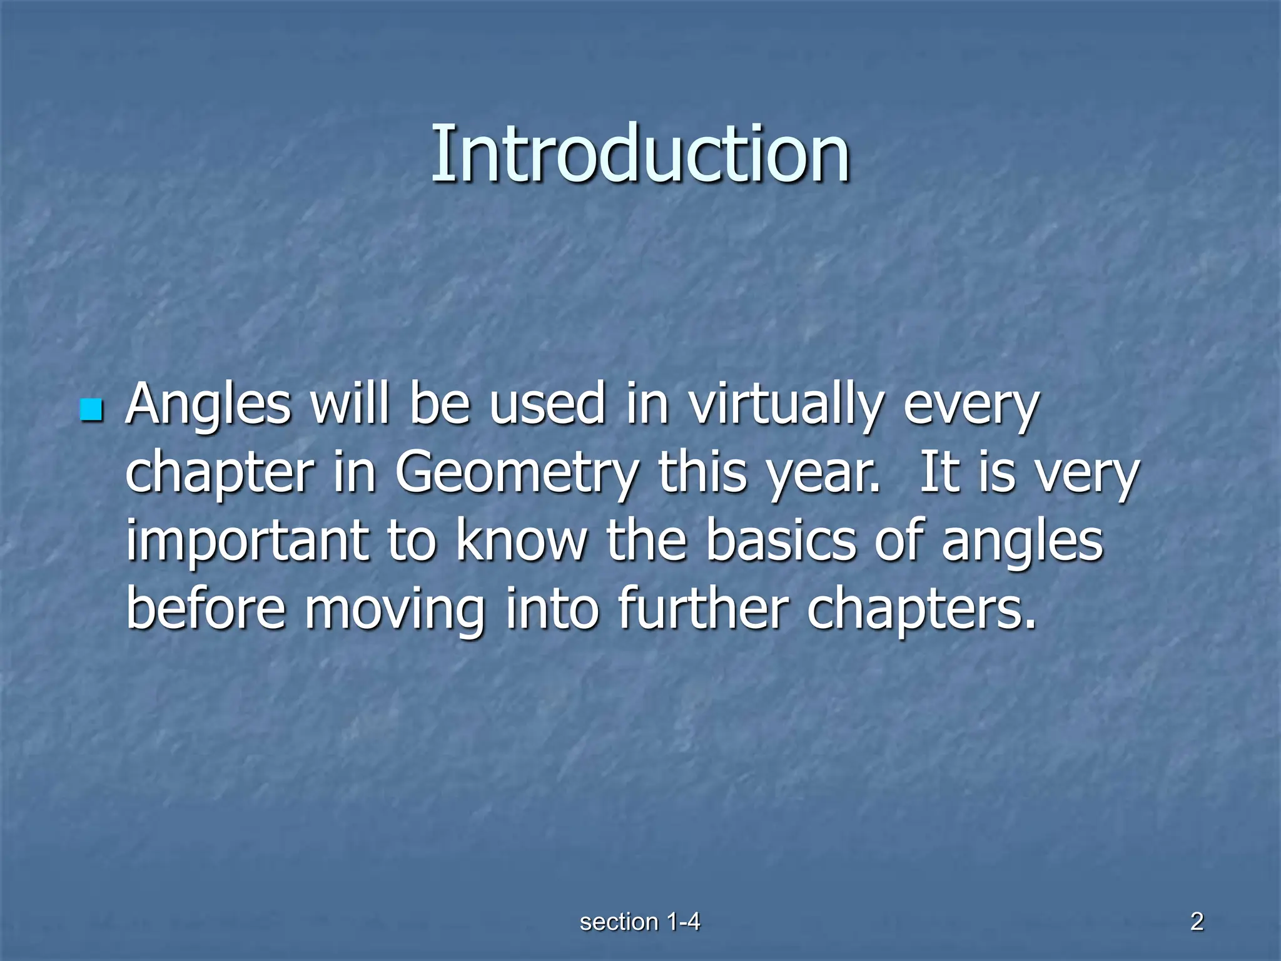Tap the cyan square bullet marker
(x=91, y=410)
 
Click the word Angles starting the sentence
(x=208, y=405)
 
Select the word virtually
(x=786, y=405)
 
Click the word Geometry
(x=517, y=474)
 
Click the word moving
(x=395, y=611)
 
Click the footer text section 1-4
(x=640, y=922)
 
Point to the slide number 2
(x=1197, y=922)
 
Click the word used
(x=547, y=405)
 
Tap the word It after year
(x=940, y=474)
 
